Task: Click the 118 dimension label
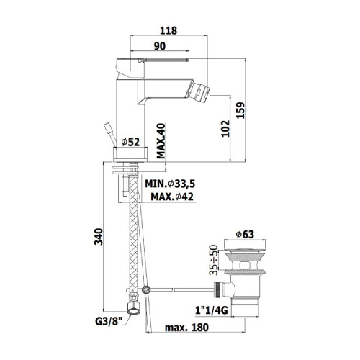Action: [168, 30]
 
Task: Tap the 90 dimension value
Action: [160, 46]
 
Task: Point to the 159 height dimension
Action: [240, 110]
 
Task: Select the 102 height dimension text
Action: [225, 128]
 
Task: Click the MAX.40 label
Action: [161, 141]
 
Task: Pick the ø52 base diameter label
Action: [130, 142]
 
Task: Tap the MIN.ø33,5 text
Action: [170, 184]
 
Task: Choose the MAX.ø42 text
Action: [172, 197]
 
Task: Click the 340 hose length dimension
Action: [99, 237]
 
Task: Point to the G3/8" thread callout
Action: [109, 321]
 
